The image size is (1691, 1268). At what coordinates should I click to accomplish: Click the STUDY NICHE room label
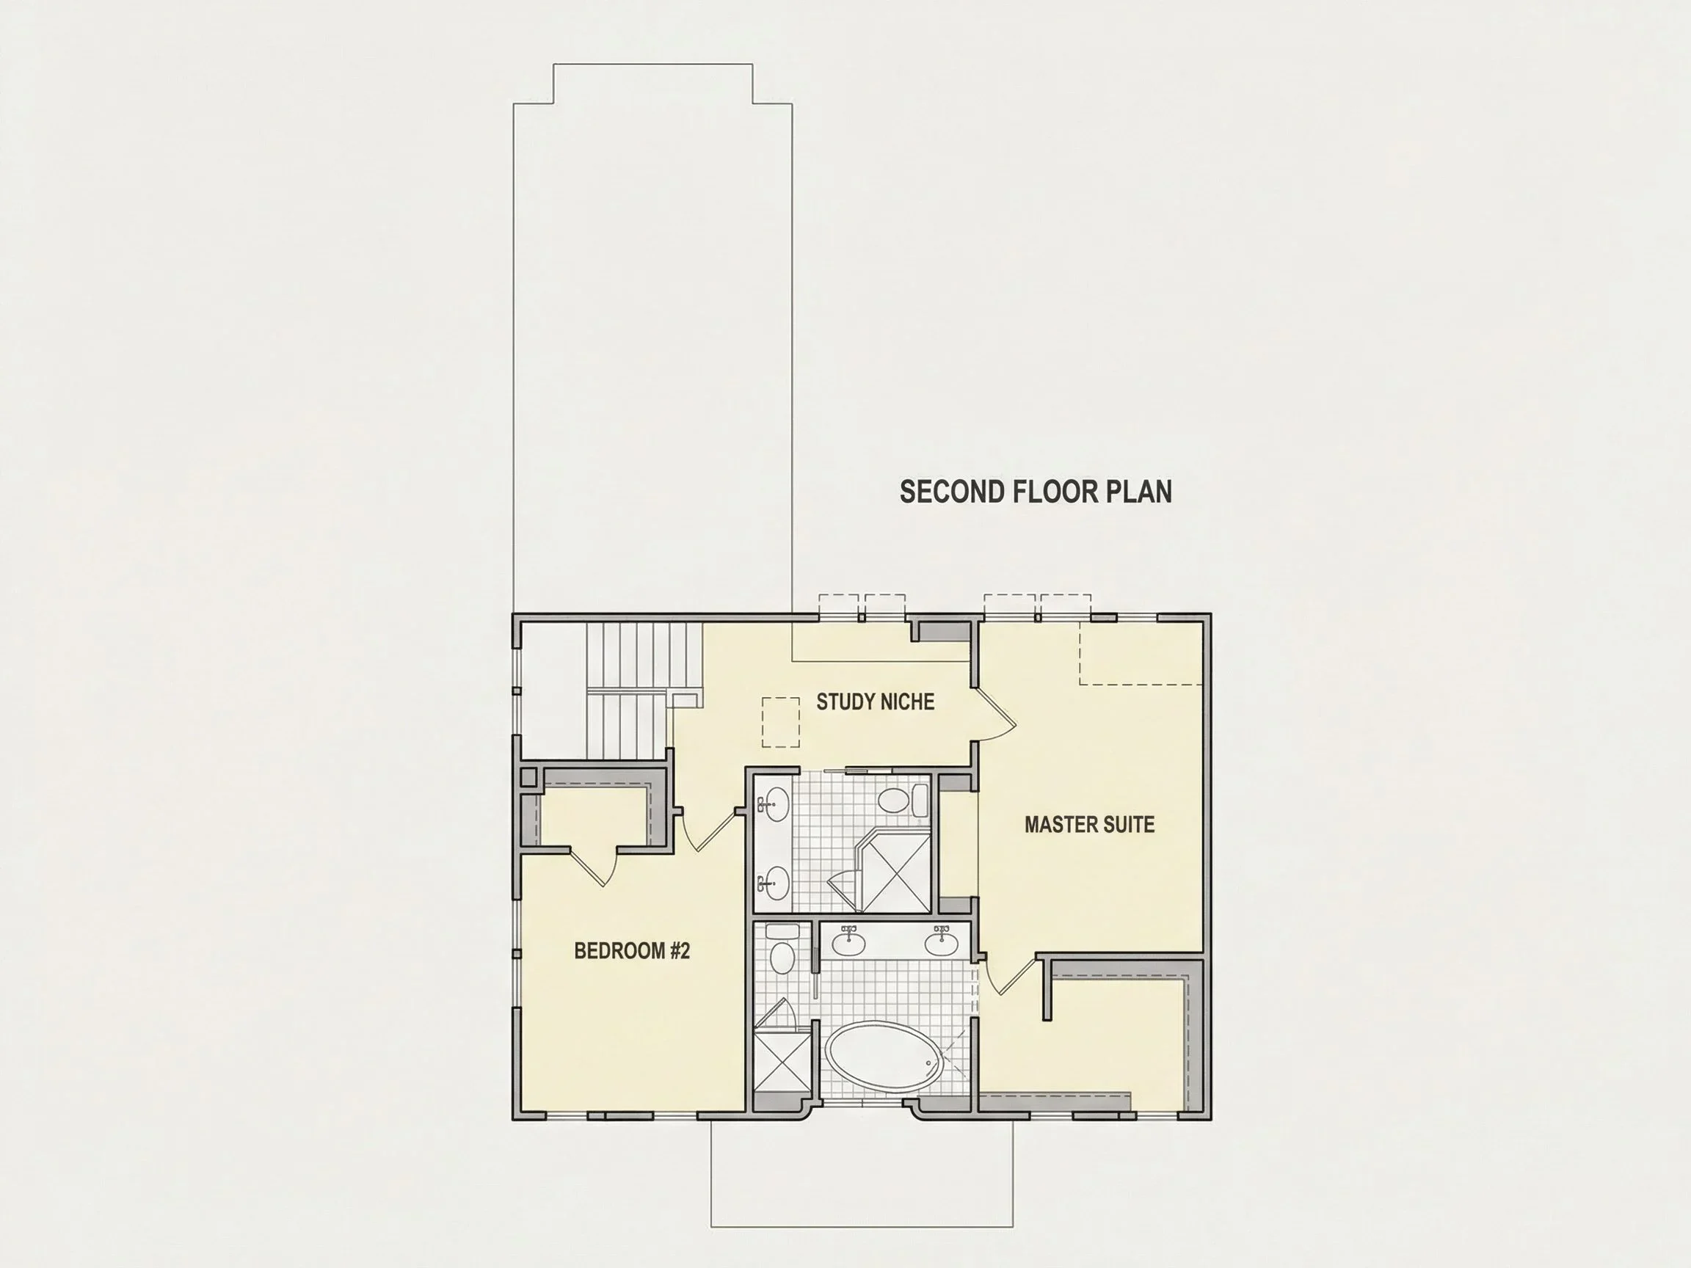(876, 702)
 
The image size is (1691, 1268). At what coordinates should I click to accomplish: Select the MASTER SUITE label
(1089, 825)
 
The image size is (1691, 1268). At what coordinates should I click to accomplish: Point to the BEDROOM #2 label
(632, 951)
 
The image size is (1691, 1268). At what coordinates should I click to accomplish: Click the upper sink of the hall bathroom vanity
(773, 805)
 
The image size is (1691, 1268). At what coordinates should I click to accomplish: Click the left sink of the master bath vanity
(849, 941)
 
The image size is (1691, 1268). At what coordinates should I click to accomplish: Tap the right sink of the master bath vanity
(941, 941)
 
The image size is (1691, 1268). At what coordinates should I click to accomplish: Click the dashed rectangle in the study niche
(780, 721)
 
